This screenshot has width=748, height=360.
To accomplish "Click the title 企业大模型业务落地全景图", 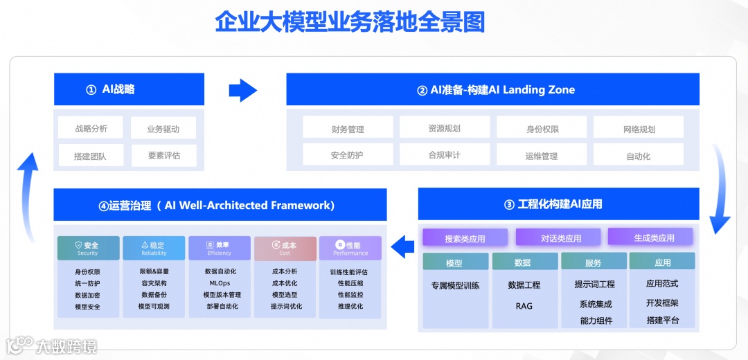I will click(x=350, y=22).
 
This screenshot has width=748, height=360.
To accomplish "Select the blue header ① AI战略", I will click(x=129, y=89).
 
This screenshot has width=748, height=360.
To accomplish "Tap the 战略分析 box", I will click(x=91, y=128).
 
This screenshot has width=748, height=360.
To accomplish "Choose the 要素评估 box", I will click(x=163, y=155).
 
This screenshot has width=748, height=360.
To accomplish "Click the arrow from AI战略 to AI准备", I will click(x=242, y=89).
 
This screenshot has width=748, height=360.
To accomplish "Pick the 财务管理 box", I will click(x=348, y=128).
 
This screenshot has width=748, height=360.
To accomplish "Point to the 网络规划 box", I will click(x=638, y=128).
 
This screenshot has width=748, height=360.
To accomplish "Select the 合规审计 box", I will click(x=445, y=155).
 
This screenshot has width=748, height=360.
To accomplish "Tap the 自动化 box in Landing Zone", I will click(x=638, y=156).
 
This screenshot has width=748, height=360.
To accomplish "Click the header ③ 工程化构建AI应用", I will click(x=558, y=204).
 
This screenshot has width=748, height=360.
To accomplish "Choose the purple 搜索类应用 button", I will click(x=465, y=238).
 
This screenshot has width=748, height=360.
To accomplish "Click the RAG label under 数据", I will click(x=524, y=305).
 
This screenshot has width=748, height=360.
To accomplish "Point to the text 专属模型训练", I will click(x=455, y=285).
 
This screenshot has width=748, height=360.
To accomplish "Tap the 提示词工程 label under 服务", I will click(x=594, y=284).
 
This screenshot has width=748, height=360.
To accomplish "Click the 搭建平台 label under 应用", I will click(x=662, y=320).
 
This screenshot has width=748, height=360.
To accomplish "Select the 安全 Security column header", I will click(x=88, y=248).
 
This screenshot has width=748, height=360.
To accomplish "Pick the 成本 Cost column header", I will click(x=285, y=248).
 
